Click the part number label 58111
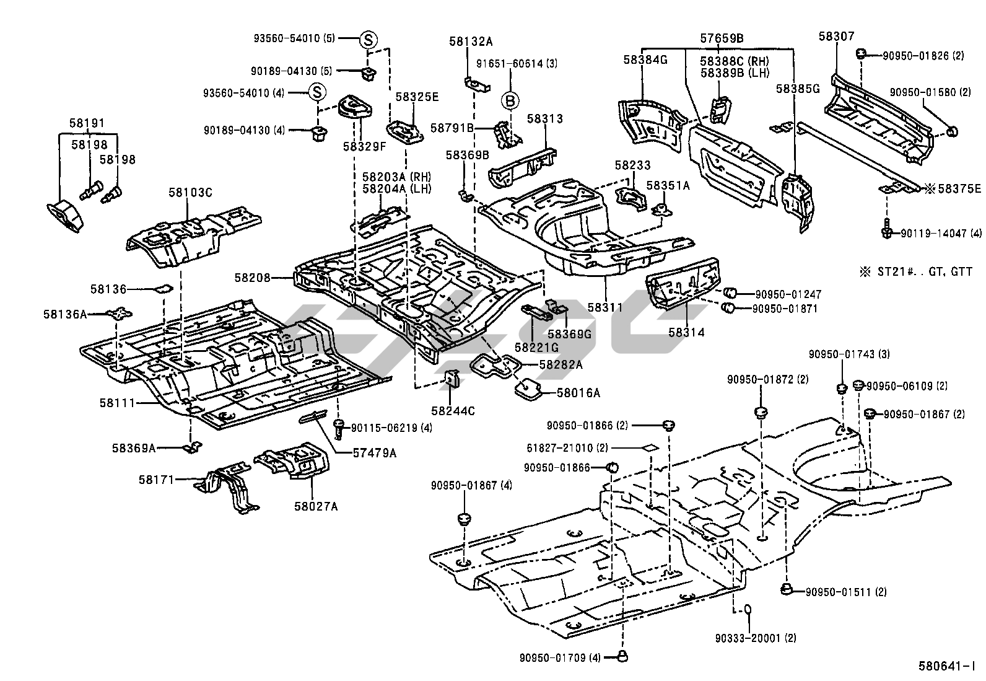click(x=117, y=403)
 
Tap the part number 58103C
click(x=190, y=193)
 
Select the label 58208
click(x=252, y=278)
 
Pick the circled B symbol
click(x=510, y=100)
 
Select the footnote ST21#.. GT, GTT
click(x=915, y=271)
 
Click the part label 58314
click(x=686, y=333)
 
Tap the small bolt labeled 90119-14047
click(x=887, y=229)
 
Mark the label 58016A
click(x=578, y=392)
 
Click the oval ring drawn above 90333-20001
click(x=748, y=610)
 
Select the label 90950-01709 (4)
click(x=561, y=657)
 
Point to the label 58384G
click(x=645, y=60)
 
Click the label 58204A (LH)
click(x=396, y=188)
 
